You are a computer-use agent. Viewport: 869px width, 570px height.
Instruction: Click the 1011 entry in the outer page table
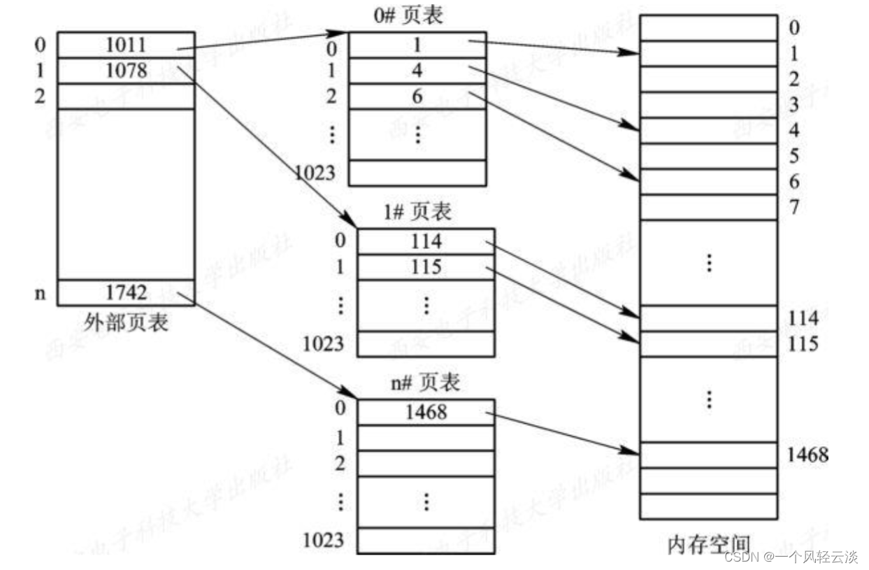[126, 45]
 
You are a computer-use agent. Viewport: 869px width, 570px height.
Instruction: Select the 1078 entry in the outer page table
[126, 71]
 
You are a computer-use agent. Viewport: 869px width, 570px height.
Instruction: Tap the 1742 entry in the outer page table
[126, 292]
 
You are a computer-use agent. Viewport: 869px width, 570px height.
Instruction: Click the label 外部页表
[126, 322]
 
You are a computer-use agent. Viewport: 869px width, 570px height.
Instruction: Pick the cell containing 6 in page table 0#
[417, 97]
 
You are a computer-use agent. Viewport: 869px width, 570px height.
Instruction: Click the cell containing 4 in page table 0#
[417, 71]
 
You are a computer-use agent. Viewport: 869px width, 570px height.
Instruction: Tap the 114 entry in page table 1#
[426, 241]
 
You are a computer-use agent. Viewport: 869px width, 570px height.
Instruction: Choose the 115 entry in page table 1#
[426, 267]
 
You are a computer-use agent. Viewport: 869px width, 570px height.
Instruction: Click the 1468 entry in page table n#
[426, 412]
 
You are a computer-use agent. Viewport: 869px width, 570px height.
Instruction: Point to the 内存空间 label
[708, 545]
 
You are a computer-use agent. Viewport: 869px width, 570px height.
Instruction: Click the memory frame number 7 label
[793, 207]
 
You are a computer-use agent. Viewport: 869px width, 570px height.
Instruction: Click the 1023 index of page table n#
[323, 539]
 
